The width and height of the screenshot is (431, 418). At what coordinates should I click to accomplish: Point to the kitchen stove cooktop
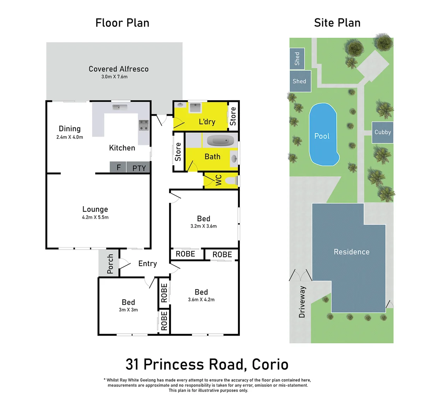(144, 125)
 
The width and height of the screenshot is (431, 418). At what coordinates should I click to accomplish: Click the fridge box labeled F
(118, 168)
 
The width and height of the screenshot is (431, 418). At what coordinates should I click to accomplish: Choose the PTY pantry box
(139, 168)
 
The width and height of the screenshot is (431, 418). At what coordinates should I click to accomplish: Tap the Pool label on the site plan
(322, 136)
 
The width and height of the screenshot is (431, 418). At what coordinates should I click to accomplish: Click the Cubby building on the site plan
(383, 132)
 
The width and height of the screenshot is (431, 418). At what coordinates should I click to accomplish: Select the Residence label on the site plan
(352, 252)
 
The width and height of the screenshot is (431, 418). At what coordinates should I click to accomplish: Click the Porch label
(110, 264)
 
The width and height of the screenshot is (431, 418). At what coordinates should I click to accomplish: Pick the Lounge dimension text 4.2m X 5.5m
(95, 217)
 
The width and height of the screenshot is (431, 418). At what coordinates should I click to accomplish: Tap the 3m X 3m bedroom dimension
(128, 310)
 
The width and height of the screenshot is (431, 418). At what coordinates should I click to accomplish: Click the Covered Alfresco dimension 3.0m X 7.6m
(115, 77)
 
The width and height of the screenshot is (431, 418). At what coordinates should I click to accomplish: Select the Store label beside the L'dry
(233, 116)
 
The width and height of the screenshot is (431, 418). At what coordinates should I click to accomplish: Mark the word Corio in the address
(270, 365)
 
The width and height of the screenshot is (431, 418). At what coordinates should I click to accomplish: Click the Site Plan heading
(337, 23)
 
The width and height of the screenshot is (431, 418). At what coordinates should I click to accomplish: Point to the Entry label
(147, 264)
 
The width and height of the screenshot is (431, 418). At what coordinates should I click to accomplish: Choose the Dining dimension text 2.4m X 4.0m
(70, 137)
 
